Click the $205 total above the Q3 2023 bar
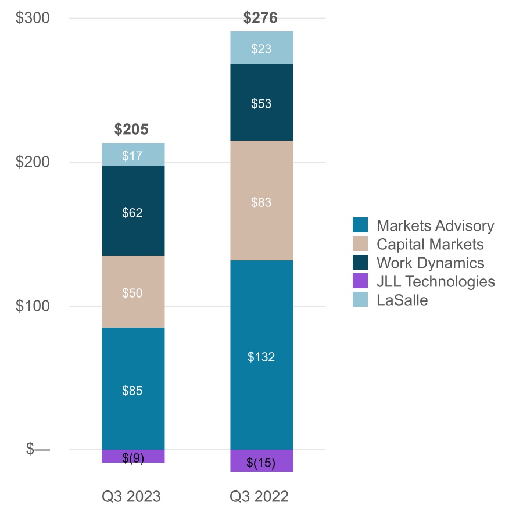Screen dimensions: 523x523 131,130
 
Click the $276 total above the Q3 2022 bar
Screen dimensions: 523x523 260,18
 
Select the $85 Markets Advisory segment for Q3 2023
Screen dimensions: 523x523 133,388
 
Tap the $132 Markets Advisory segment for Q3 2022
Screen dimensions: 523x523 261,355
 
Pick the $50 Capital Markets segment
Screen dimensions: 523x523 133,292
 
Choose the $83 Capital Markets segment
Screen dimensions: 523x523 261,201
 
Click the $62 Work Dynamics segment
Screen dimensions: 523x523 133,212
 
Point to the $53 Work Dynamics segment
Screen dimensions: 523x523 261,103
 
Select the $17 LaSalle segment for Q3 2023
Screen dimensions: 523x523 133,155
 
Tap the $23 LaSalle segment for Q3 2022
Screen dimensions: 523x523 261,48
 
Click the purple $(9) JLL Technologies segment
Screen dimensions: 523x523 133,457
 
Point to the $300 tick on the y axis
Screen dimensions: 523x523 33,18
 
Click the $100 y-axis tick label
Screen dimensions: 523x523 33,306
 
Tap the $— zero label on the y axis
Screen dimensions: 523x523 38,449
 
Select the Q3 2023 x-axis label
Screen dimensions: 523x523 131,497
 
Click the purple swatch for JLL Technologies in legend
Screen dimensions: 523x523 360,281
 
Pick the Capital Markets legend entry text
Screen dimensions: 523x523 430,244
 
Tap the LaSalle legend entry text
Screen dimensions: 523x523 402,300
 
